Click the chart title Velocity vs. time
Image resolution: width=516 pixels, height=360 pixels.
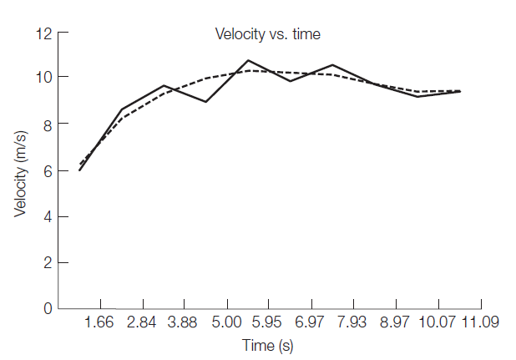[x=268, y=34]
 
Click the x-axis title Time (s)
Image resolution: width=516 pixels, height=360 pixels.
[x=267, y=344]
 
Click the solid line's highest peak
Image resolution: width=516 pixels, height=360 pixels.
[x=248, y=60]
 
